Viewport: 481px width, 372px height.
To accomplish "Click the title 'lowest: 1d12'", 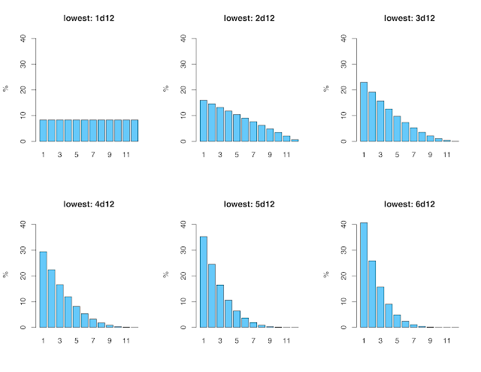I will click(x=89, y=17).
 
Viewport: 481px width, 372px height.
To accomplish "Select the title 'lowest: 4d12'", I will click(x=89, y=203).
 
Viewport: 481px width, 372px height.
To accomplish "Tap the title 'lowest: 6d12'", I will click(x=410, y=203).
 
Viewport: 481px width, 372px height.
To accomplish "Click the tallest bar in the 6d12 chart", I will click(x=364, y=275).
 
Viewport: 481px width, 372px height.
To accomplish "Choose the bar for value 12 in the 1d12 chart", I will click(x=135, y=130).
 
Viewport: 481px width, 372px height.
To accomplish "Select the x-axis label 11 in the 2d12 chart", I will click(x=286, y=154).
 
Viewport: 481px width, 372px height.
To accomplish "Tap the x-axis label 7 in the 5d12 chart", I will click(x=253, y=340).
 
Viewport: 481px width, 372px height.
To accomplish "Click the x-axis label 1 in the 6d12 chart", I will click(x=364, y=340).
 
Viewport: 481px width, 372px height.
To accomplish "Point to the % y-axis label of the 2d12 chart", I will click(x=166, y=89).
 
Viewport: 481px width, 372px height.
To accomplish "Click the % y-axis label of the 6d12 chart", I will click(x=326, y=275).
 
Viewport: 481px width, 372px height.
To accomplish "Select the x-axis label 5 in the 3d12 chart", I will click(x=397, y=154).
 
